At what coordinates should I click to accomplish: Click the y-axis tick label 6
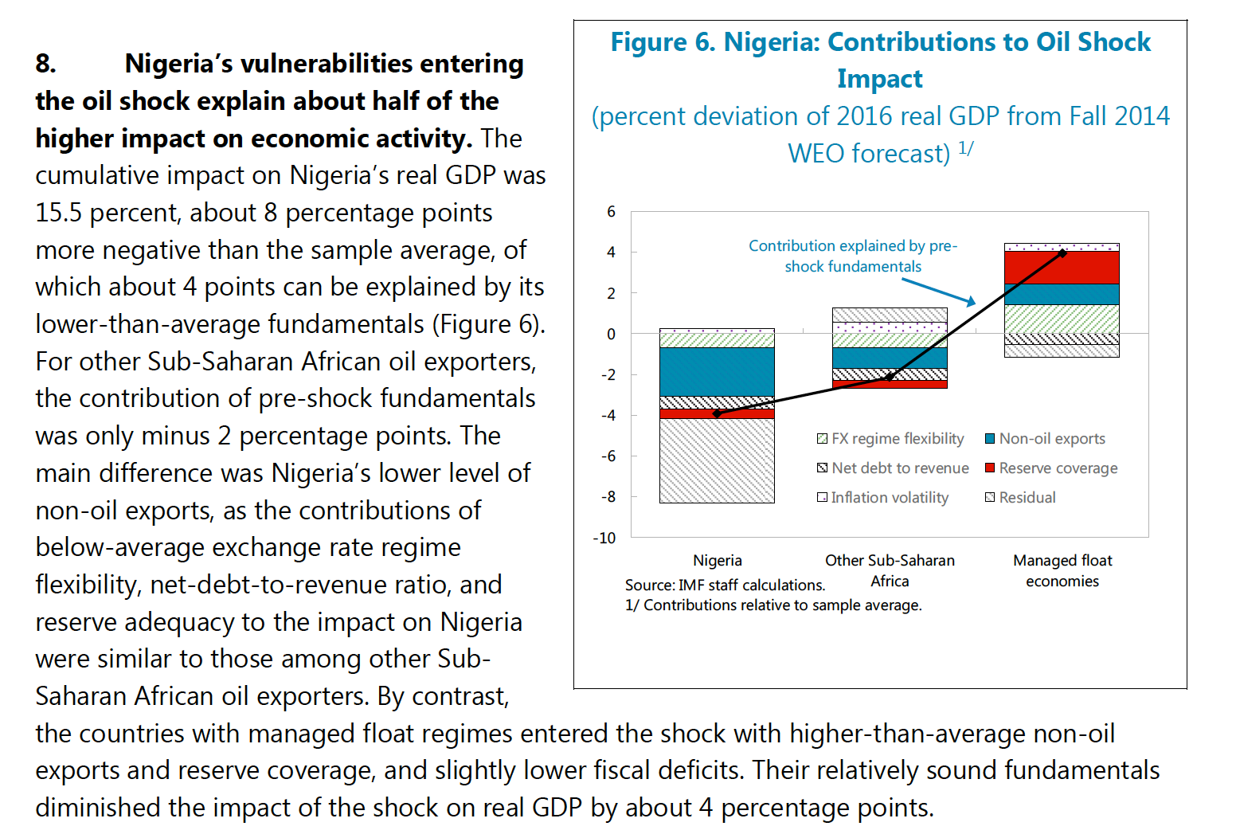(x=611, y=211)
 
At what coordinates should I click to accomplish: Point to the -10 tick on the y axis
(x=604, y=538)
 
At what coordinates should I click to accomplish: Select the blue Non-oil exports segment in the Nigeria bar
(x=717, y=371)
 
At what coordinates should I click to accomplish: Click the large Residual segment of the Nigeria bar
(x=717, y=460)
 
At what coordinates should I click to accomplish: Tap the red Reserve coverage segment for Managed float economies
(x=1062, y=268)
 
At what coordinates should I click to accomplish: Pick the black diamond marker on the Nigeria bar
(x=717, y=413)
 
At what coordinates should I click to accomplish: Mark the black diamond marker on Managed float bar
(x=1062, y=253)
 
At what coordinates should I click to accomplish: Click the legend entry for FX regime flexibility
(x=890, y=439)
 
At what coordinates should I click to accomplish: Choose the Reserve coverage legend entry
(x=1052, y=468)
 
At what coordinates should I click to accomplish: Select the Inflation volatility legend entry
(x=883, y=497)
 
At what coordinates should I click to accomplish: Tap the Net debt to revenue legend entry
(x=893, y=468)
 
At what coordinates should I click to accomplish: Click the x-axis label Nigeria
(x=718, y=560)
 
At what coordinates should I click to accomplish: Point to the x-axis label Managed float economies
(x=1062, y=570)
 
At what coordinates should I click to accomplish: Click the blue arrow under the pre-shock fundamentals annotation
(x=939, y=292)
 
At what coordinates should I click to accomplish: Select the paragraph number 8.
(x=46, y=64)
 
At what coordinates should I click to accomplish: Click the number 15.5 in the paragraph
(x=58, y=213)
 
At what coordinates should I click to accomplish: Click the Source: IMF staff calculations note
(x=725, y=585)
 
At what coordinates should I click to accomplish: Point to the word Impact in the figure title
(x=880, y=79)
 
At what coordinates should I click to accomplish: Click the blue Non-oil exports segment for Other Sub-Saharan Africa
(x=890, y=358)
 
